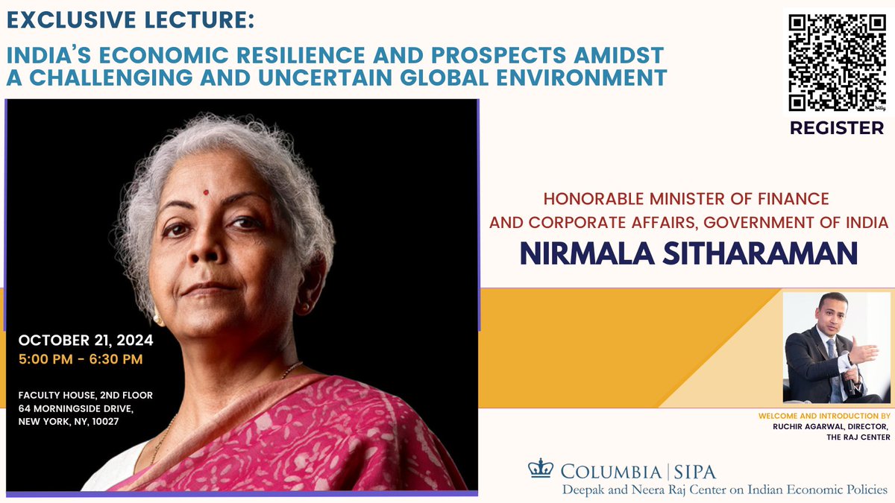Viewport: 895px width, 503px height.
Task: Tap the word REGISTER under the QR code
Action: coord(835,128)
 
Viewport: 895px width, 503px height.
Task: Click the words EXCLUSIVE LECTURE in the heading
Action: coord(128,20)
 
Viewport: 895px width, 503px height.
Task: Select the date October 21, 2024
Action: coord(86,341)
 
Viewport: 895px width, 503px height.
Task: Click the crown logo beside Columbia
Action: coord(538,469)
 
